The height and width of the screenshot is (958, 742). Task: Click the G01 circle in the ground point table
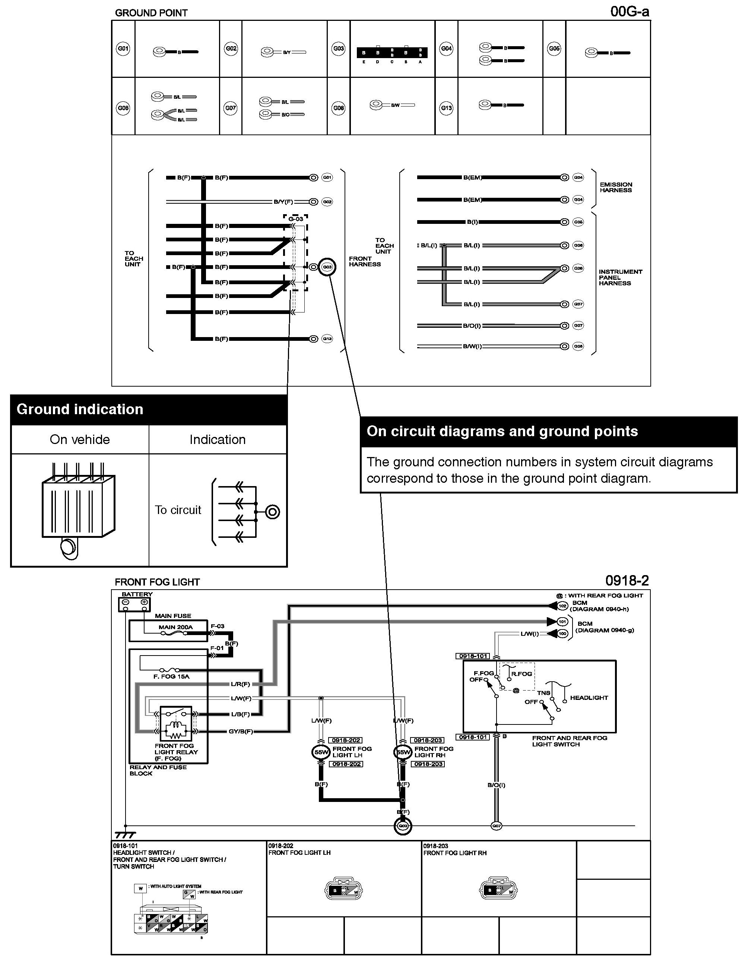123,48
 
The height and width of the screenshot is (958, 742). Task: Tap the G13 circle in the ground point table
446,108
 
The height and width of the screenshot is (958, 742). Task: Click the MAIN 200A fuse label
175,627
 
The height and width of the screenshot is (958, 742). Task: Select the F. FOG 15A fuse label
171,676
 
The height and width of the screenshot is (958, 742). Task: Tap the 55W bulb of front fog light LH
321,752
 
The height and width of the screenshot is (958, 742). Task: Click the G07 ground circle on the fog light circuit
496,826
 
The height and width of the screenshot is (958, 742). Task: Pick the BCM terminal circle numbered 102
562,606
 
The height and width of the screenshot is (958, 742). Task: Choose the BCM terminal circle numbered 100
562,634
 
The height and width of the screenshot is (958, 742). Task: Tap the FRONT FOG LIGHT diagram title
157,582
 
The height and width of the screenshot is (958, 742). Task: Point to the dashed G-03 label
296,218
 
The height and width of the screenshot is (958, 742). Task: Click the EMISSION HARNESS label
616,187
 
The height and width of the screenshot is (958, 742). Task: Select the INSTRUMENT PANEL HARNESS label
620,277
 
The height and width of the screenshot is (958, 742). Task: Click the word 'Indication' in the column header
217,440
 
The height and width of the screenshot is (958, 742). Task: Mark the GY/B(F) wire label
241,731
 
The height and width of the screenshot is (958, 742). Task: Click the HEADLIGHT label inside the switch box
589,697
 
